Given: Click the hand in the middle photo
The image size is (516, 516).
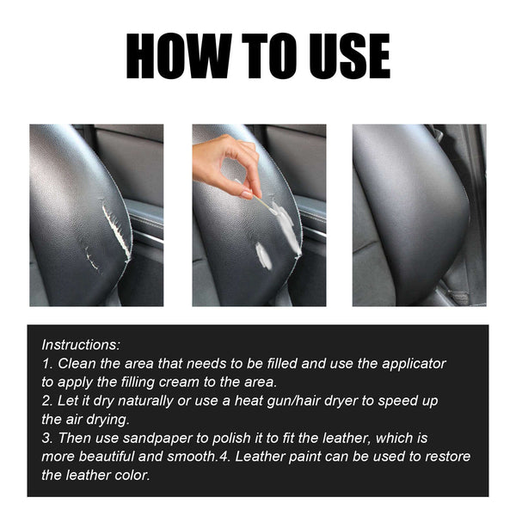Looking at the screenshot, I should pyautogui.click(x=228, y=163).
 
